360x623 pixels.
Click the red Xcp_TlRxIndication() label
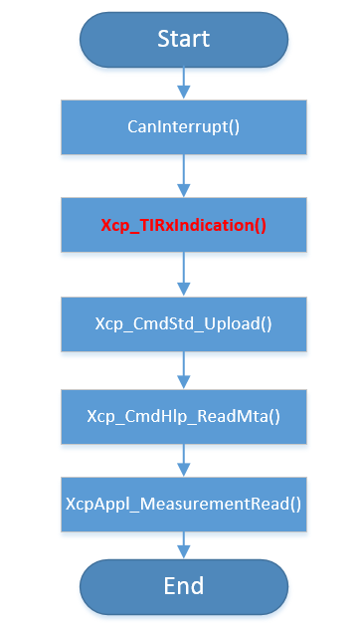tap(183, 225)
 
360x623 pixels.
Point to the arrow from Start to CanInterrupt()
tap(183, 84)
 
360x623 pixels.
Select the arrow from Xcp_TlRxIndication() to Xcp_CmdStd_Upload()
tap(183, 274)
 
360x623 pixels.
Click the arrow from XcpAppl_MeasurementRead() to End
tap(183, 542)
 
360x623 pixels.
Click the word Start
tap(183, 39)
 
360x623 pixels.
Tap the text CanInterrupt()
tap(183, 126)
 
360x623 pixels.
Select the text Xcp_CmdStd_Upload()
tap(183, 322)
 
